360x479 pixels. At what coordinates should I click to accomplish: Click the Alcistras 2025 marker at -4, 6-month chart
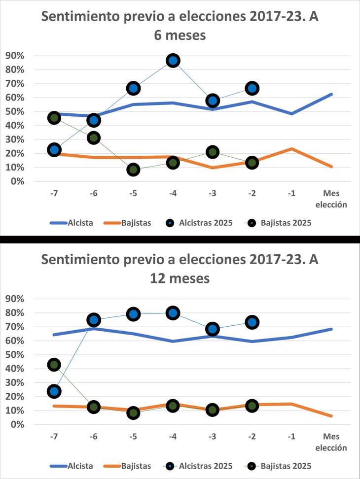click(x=173, y=61)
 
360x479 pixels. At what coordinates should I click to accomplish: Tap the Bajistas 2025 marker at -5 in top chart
click(x=133, y=170)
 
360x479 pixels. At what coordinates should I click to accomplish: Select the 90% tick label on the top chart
click(x=14, y=56)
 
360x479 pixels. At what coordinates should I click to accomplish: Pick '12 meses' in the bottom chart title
click(x=180, y=278)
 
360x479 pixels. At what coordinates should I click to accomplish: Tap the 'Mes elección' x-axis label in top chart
click(x=331, y=198)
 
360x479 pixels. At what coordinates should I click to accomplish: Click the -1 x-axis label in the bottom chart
click(x=291, y=437)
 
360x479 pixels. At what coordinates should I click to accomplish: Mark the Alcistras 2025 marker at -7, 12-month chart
click(x=54, y=391)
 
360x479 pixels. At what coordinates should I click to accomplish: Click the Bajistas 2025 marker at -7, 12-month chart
click(x=54, y=365)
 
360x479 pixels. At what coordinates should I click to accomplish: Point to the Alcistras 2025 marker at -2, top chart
click(x=252, y=88)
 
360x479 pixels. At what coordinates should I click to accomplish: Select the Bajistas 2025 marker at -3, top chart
click(x=213, y=152)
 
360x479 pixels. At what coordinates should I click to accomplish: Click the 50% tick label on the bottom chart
click(x=14, y=355)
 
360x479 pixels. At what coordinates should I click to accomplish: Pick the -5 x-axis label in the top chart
click(x=133, y=194)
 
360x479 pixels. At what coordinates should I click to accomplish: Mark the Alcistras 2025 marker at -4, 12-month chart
click(x=173, y=312)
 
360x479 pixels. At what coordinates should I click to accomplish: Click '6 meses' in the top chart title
click(x=180, y=35)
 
